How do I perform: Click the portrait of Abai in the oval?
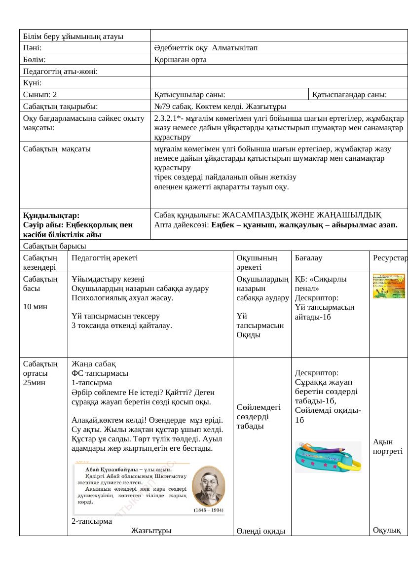208,486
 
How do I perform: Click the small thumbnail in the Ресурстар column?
389,286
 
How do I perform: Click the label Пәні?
32,47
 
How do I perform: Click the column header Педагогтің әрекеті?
105,257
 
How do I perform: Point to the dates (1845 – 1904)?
208,510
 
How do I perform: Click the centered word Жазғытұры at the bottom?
151,531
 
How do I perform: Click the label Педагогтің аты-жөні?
60,72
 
